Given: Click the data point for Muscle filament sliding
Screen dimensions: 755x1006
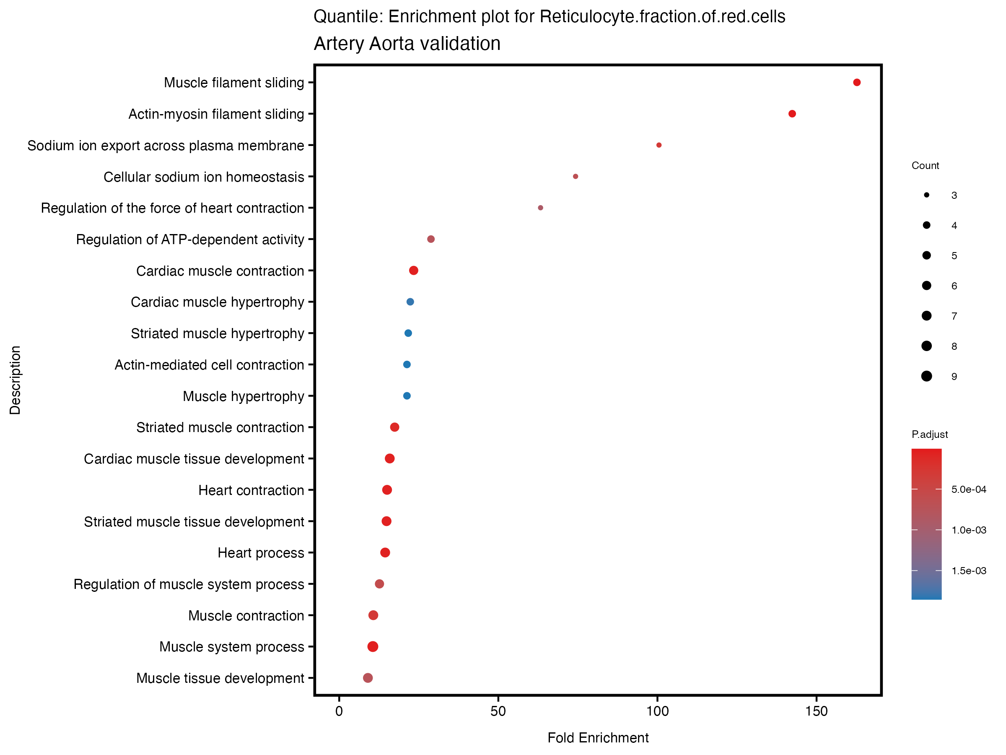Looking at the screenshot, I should pyautogui.click(x=857, y=82).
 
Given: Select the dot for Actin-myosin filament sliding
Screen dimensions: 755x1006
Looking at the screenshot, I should pyautogui.click(x=792, y=114).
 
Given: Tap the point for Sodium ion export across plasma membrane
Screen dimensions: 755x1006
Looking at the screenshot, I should pyautogui.click(x=659, y=145).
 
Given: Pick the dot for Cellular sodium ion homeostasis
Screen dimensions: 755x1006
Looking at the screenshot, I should pyautogui.click(x=576, y=177).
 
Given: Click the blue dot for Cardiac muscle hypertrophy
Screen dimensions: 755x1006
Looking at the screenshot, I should pyautogui.click(x=410, y=302).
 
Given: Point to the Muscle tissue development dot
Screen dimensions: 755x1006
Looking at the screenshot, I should pyautogui.click(x=368, y=678).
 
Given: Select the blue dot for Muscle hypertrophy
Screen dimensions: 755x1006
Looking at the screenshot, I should pyautogui.click(x=407, y=396).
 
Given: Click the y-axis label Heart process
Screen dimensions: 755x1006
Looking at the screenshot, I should pyautogui.click(x=261, y=553).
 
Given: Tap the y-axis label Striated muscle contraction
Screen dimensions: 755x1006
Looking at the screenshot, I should pyautogui.click(x=220, y=428).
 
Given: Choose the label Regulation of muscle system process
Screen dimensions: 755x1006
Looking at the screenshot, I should pyautogui.click(x=189, y=584).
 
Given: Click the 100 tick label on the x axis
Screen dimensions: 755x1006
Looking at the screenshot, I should pyautogui.click(x=658, y=711).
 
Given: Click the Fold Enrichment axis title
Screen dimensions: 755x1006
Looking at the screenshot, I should pyautogui.click(x=598, y=738).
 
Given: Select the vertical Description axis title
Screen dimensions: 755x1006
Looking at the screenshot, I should pyautogui.click(x=15, y=380).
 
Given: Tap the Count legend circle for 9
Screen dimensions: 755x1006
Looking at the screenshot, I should pyautogui.click(x=926, y=376).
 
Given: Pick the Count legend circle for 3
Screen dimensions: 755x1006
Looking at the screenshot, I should pyautogui.click(x=926, y=195).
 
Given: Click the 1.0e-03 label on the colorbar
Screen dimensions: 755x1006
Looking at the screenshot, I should pyautogui.click(x=969, y=530).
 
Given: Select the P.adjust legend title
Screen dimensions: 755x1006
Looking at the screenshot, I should pyautogui.click(x=930, y=435).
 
